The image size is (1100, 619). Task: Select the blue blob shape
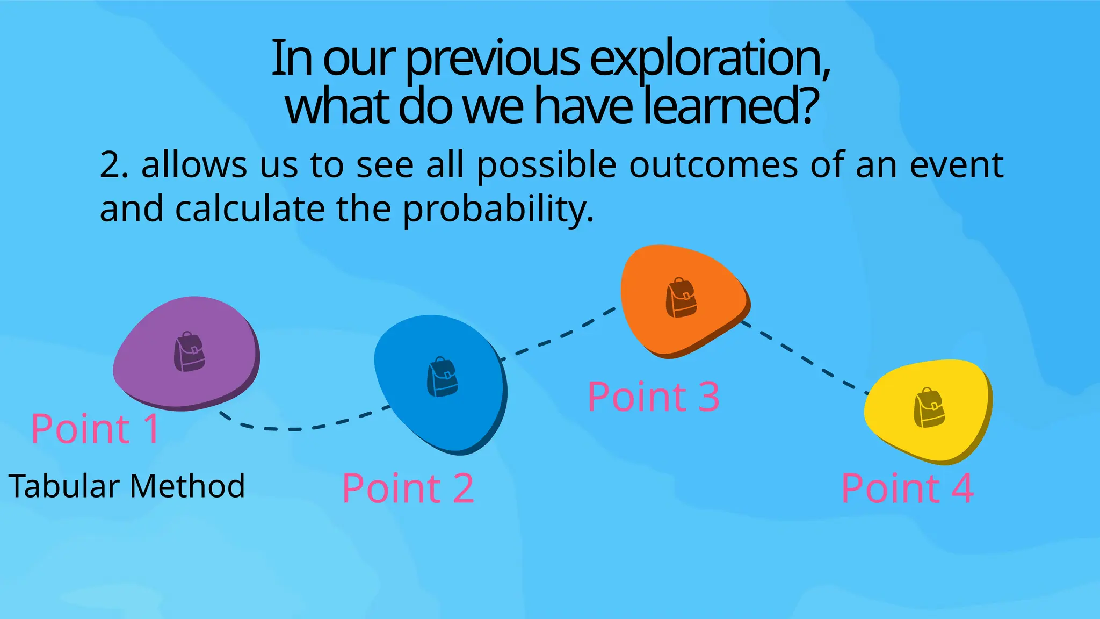pyautogui.click(x=408, y=408)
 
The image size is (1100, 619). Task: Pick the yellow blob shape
pyautogui.click(x=892, y=430)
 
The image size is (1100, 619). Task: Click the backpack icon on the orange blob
pyautogui.click(x=681, y=298)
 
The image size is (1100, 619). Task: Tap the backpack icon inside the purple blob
pyautogui.click(x=190, y=351)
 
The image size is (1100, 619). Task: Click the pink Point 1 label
pyautogui.click(x=95, y=429)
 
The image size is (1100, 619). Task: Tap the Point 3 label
pyautogui.click(x=653, y=397)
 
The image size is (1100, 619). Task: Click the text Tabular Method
pyautogui.click(x=127, y=486)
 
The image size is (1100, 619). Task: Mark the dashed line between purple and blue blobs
pyautogui.click(x=301, y=429)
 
